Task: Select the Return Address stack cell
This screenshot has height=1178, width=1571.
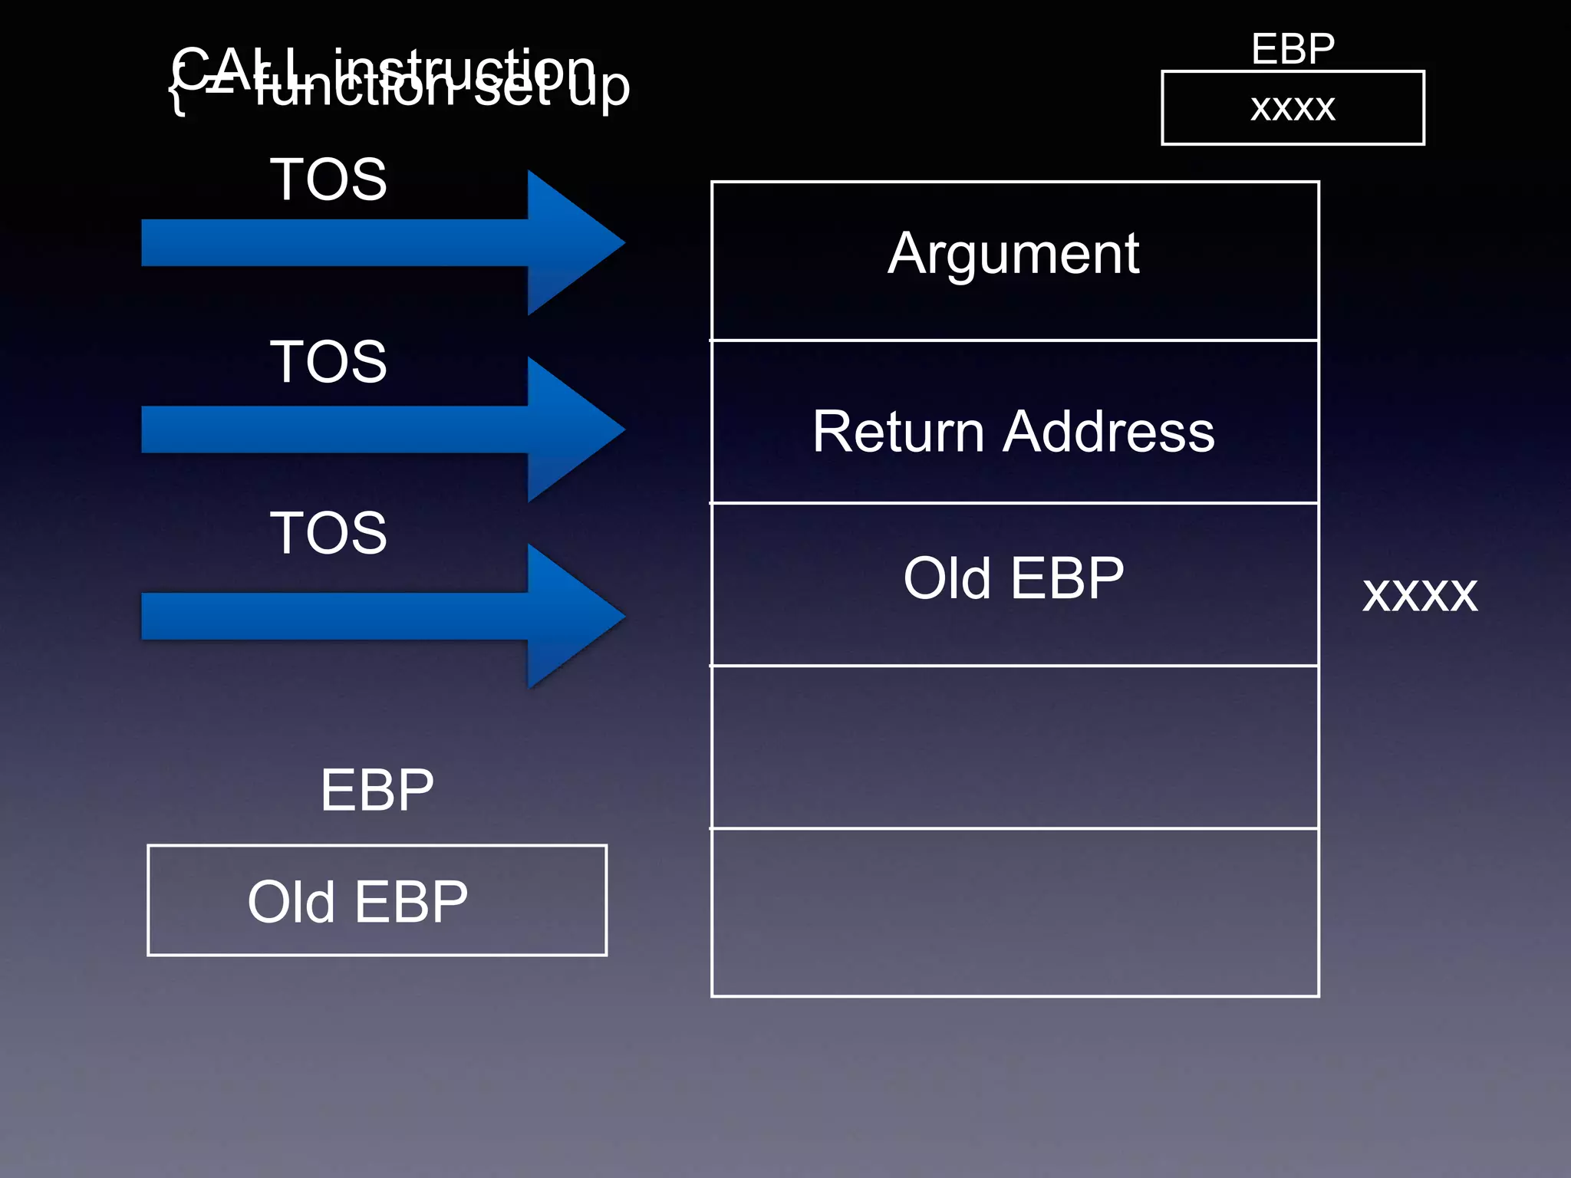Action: (x=1014, y=431)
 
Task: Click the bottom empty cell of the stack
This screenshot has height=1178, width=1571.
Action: (x=1014, y=913)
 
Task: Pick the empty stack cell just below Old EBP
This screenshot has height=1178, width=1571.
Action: (x=1014, y=747)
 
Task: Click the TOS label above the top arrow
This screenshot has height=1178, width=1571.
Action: (x=328, y=179)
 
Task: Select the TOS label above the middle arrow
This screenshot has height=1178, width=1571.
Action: (x=328, y=361)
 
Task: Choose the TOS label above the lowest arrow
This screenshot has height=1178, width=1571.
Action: (x=328, y=532)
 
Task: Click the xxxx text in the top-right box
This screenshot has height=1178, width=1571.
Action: (x=1293, y=108)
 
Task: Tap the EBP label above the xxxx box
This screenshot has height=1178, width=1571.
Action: (x=1293, y=49)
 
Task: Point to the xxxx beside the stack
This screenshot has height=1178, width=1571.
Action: (x=1419, y=594)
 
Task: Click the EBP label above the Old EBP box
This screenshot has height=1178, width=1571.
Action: (x=377, y=790)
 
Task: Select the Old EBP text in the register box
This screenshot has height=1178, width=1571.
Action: (x=357, y=902)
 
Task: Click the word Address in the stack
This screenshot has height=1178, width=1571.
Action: (x=1109, y=432)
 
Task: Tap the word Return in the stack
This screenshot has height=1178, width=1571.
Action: (x=897, y=432)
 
